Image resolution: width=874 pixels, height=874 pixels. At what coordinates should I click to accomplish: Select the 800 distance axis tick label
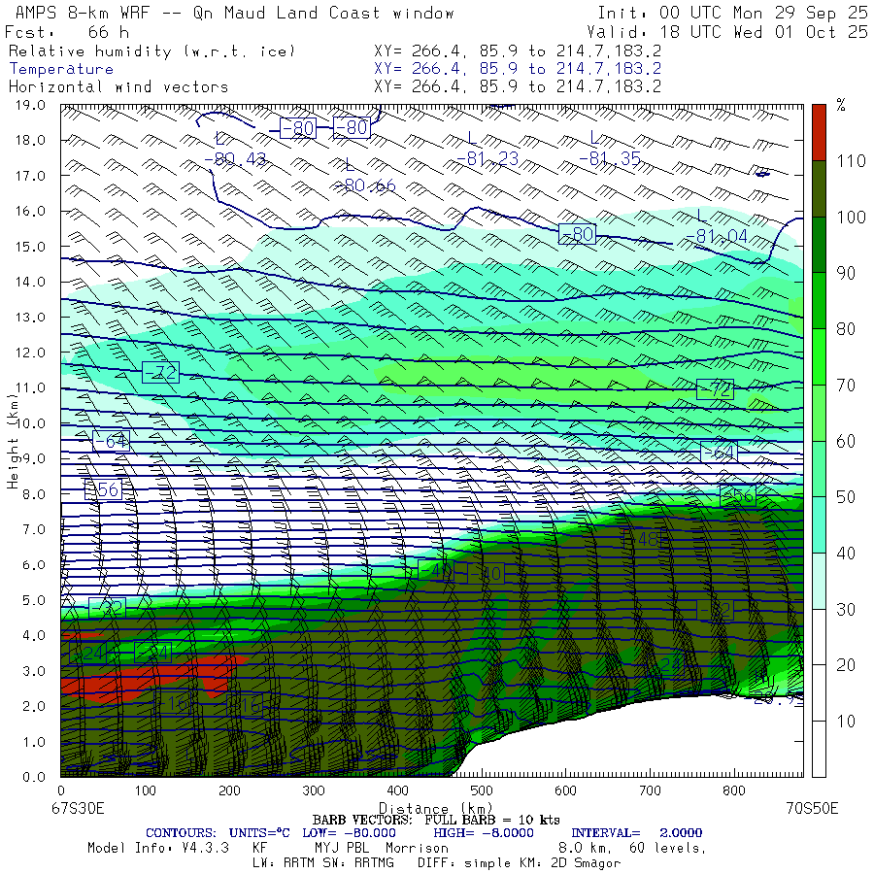[734, 791]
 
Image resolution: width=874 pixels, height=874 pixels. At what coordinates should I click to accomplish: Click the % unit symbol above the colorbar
[840, 106]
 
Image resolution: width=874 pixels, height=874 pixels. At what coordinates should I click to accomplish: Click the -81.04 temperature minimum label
[716, 236]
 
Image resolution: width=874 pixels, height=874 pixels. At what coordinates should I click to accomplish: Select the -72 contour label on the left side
[160, 372]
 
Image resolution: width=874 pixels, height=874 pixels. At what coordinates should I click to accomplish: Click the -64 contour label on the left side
[111, 441]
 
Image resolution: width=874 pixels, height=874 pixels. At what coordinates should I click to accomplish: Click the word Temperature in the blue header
[61, 69]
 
